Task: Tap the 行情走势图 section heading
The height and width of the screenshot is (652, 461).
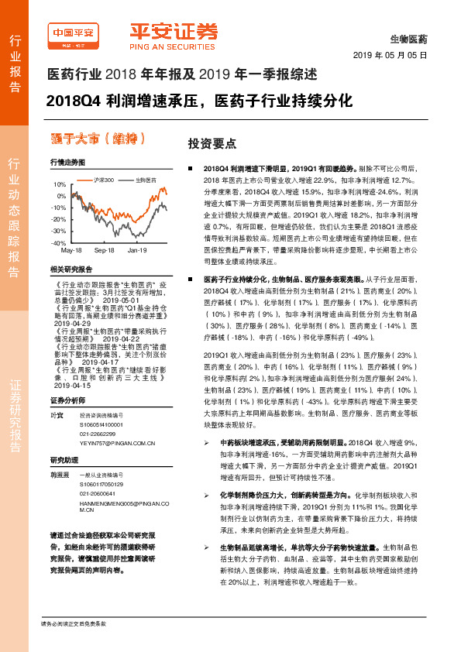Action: tap(67, 163)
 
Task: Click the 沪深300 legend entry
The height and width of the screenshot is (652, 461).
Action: tap(104, 180)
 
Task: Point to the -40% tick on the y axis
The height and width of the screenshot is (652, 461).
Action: tap(60, 243)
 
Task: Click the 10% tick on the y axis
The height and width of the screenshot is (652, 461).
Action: tap(60, 185)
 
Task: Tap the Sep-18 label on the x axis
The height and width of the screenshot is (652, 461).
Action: tap(104, 251)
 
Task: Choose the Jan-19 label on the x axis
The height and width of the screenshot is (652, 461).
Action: tap(137, 251)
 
